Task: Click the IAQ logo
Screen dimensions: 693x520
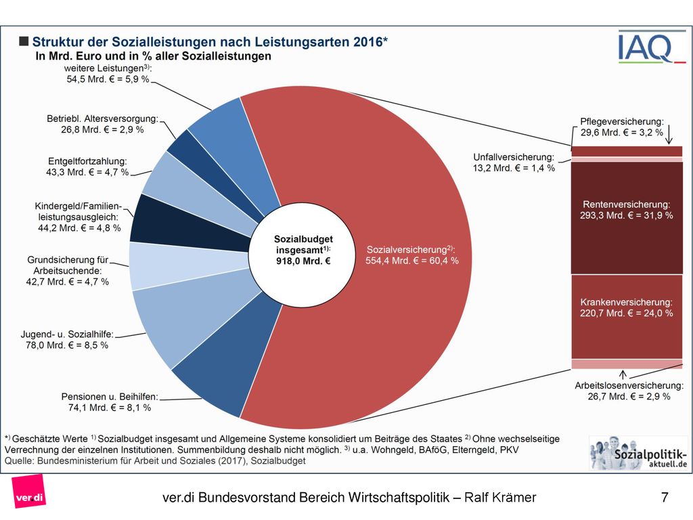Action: coord(652,47)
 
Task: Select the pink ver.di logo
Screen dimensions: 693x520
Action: coord(29,492)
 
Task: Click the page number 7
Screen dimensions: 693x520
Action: coord(665,498)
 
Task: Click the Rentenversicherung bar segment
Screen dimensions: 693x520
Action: coord(627,217)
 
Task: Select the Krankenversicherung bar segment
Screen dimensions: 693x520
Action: coord(627,317)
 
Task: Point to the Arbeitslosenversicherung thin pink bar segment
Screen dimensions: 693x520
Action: coord(627,364)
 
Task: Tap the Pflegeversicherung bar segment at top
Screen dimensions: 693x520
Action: coord(627,151)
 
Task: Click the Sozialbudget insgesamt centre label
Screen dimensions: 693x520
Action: coord(303,250)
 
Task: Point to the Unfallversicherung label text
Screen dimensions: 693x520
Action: coord(514,162)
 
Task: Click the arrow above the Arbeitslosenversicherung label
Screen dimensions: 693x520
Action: coord(623,375)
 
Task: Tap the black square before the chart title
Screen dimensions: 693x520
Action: coord(24,41)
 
